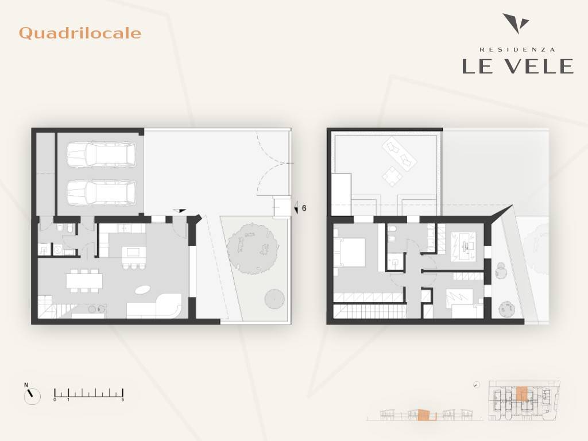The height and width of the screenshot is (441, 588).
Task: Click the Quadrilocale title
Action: click(80, 33)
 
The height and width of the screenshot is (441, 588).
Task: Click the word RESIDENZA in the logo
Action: click(517, 49)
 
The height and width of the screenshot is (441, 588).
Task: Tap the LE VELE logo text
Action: click(517, 67)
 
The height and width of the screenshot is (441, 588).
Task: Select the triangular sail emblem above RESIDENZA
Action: click(516, 23)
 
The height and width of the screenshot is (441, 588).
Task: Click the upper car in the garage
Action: click(100, 154)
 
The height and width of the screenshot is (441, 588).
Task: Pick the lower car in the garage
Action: click(100, 192)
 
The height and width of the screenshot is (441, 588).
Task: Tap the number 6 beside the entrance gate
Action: click(304, 208)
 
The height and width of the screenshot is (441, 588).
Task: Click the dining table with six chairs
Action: click(84, 280)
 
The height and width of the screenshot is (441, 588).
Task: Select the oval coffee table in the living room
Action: click(142, 289)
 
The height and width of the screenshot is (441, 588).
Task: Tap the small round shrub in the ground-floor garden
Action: click(274, 299)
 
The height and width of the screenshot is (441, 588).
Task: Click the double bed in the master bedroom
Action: click(350, 252)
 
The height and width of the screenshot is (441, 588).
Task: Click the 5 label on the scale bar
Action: click(123, 400)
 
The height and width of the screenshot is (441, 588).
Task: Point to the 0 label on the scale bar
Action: click(55, 400)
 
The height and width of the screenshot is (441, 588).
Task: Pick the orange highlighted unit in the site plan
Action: click(521, 394)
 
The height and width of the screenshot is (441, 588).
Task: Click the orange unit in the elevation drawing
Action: click(423, 415)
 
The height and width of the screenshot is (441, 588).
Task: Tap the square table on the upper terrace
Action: click(392, 176)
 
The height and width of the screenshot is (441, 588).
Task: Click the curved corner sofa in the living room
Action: click(154, 307)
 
